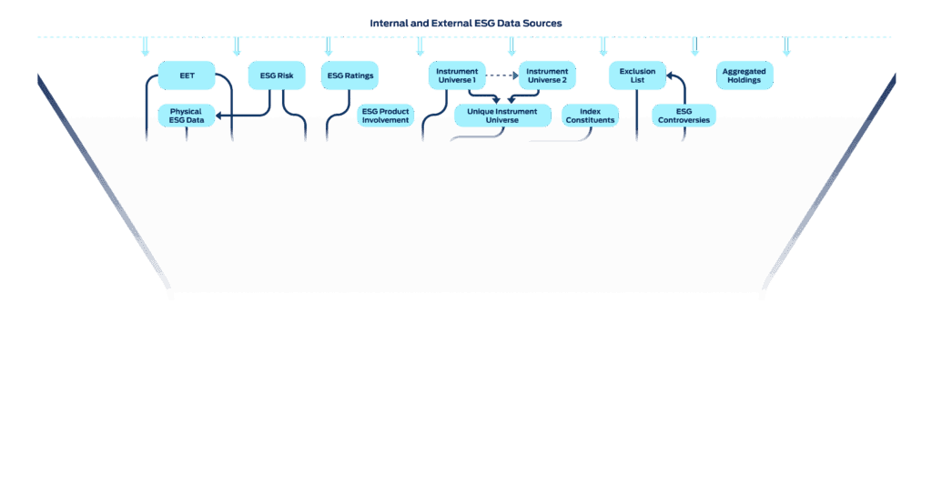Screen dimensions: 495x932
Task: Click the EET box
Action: pyautogui.click(x=187, y=76)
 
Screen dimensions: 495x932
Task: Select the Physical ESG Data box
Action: pyautogui.click(x=187, y=116)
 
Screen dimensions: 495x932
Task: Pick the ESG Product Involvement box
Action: pyautogui.click(x=385, y=116)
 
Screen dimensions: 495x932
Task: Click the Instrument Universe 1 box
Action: pyautogui.click(x=456, y=76)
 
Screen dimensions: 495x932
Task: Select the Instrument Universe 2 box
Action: pyautogui.click(x=547, y=76)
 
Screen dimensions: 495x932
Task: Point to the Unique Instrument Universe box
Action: pyautogui.click(x=501, y=116)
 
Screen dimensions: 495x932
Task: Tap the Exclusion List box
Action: pyautogui.click(x=637, y=76)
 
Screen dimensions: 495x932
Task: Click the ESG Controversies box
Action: pyautogui.click(x=684, y=116)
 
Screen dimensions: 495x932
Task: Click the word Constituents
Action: pyautogui.click(x=590, y=120)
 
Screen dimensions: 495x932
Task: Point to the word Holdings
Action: pyautogui.click(x=744, y=80)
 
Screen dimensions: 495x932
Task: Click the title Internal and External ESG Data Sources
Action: pyautogui.click(x=465, y=22)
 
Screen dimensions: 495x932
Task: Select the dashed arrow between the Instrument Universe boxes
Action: pyautogui.click(x=502, y=76)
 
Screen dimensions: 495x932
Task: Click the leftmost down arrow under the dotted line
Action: pyautogui.click(x=145, y=47)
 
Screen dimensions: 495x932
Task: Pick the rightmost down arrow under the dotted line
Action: pyautogui.click(x=786, y=47)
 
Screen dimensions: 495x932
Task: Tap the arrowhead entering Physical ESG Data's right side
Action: pyautogui.click(x=221, y=116)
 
